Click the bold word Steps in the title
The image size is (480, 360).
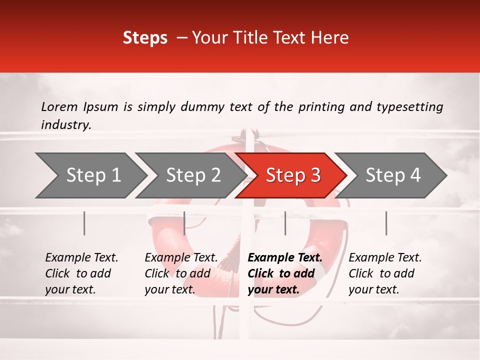[x=145, y=38]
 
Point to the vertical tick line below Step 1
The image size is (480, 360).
[x=84, y=223]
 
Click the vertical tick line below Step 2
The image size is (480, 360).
[x=184, y=223]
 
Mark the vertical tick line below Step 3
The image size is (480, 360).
[x=285, y=223]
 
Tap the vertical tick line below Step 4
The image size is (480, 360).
[x=386, y=223]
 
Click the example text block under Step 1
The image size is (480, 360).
[x=81, y=273]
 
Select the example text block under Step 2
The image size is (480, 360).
[x=181, y=273]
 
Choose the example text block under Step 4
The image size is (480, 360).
[x=385, y=273]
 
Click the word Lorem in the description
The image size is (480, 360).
[x=59, y=107]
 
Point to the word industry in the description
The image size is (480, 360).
[x=65, y=125]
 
